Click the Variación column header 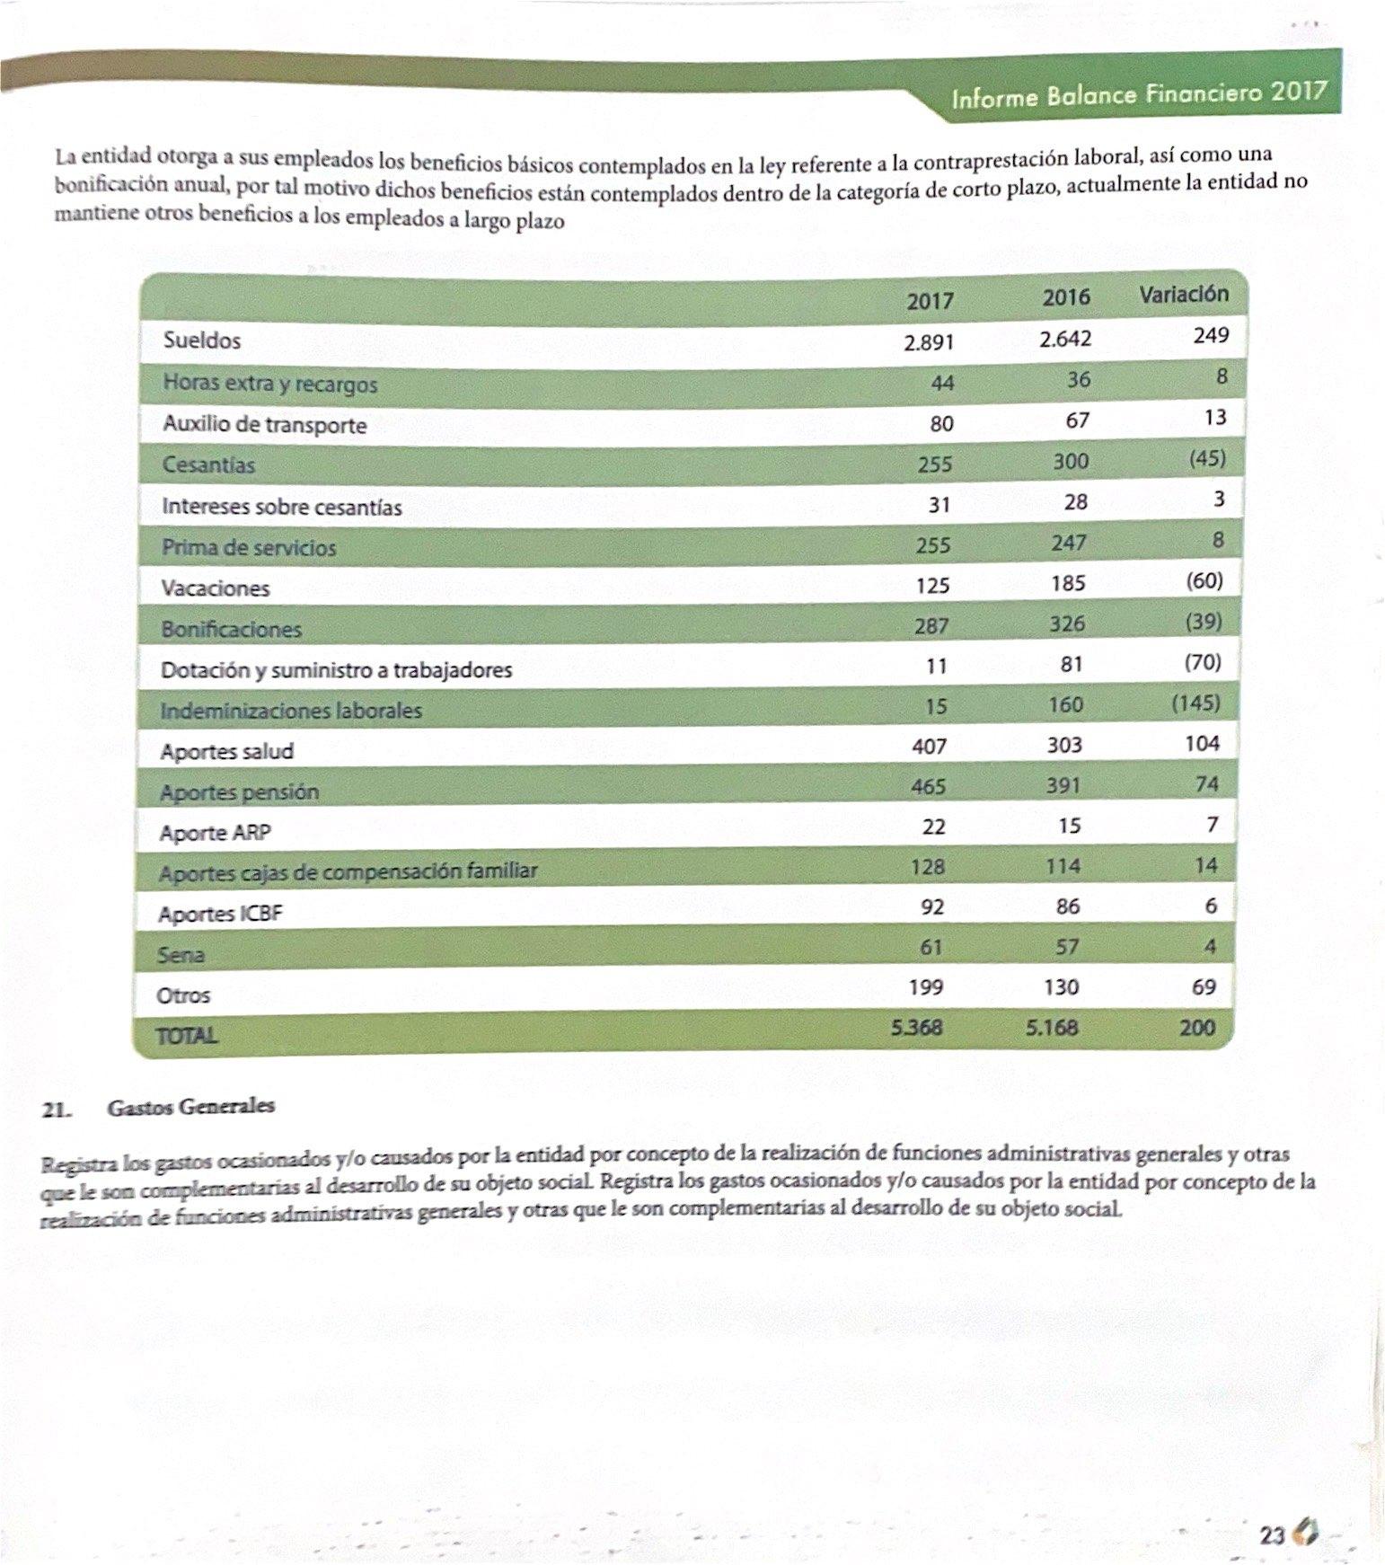[x=1183, y=294]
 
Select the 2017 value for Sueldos [x=929, y=342]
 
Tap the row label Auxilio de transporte [x=265, y=424]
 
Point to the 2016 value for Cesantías [x=1070, y=461]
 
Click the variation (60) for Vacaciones [x=1204, y=580]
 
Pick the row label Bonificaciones [x=231, y=629]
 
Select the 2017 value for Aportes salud [x=929, y=746]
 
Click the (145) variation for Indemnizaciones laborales [x=1195, y=703]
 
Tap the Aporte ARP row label [x=215, y=833]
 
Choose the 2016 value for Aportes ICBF [x=1068, y=906]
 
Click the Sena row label [x=181, y=954]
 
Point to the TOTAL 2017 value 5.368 [x=917, y=1027]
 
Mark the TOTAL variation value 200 [x=1197, y=1027]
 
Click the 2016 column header [x=1066, y=296]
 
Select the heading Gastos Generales [x=190, y=1106]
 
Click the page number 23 [x=1272, y=1534]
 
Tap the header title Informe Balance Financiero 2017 [x=1139, y=93]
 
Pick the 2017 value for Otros [x=925, y=987]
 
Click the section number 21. [x=56, y=1109]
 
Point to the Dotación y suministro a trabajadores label [x=336, y=670]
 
